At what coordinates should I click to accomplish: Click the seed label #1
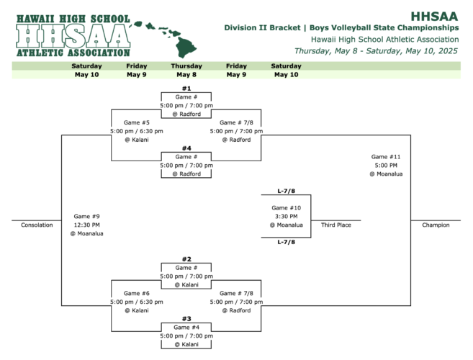[x=186, y=89]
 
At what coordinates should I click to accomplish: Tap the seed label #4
[x=186, y=148]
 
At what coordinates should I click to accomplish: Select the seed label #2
[x=186, y=259]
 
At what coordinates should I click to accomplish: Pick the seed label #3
[x=186, y=319]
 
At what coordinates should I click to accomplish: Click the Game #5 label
[x=136, y=122]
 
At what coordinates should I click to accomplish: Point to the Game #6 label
[x=136, y=293]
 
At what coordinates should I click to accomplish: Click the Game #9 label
[x=86, y=217]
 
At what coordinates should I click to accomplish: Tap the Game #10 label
[x=286, y=208]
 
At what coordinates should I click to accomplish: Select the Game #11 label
[x=386, y=157]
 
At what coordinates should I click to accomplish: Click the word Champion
[x=436, y=225]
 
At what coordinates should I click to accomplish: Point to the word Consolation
[x=37, y=225]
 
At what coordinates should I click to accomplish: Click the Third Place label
[x=336, y=225]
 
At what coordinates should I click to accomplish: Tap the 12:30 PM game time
[x=86, y=225]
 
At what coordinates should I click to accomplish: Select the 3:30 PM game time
[x=286, y=217]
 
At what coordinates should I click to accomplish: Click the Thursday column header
[x=186, y=66]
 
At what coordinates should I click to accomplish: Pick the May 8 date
[x=186, y=75]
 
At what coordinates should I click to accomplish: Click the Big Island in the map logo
[x=186, y=47]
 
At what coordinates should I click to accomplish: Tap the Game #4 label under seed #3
[x=186, y=328]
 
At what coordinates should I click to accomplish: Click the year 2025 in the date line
[x=448, y=50]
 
